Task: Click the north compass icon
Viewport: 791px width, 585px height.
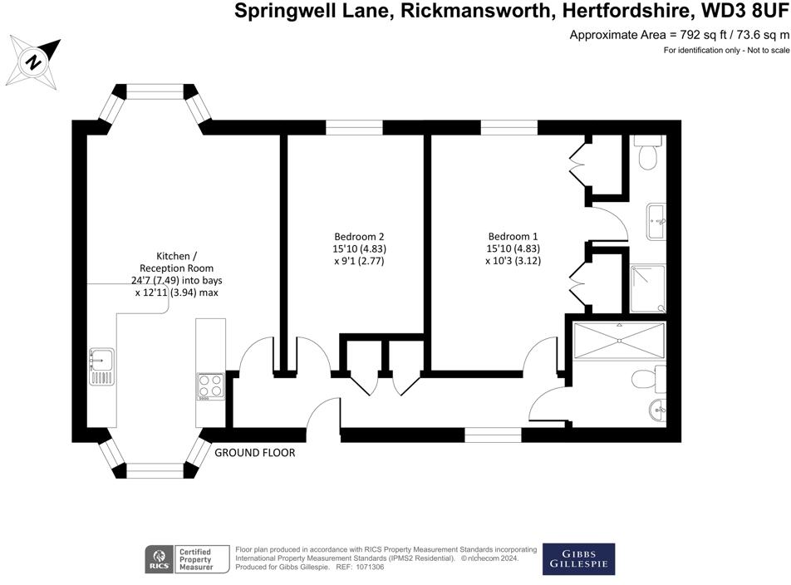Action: click(34, 61)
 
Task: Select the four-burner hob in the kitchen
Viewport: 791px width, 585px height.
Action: click(209, 386)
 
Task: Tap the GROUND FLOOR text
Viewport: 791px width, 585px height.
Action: click(255, 453)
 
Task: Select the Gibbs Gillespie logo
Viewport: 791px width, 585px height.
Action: click(578, 559)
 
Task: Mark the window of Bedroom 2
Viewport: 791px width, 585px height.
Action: click(354, 127)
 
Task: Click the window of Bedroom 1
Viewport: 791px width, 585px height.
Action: click(509, 127)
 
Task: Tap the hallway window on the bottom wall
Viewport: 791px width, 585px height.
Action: click(493, 434)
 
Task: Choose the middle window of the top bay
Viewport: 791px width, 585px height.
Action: click(154, 91)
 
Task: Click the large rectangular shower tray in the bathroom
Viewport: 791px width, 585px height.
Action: click(619, 341)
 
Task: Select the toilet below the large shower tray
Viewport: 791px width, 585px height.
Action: click(646, 380)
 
